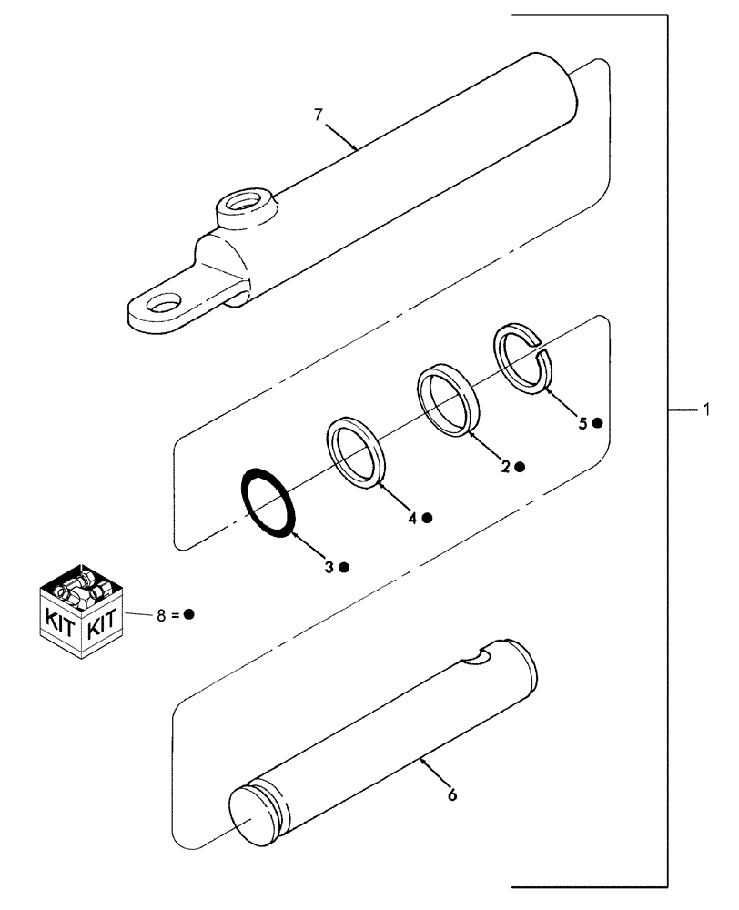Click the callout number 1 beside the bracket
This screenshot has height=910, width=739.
click(x=705, y=410)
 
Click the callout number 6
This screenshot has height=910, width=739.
click(x=452, y=794)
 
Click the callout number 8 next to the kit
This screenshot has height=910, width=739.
click(x=161, y=614)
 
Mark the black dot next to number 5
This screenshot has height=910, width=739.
click(x=597, y=423)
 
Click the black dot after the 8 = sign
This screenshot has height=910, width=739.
click(x=189, y=614)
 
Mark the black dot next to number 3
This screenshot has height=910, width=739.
click(x=345, y=567)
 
